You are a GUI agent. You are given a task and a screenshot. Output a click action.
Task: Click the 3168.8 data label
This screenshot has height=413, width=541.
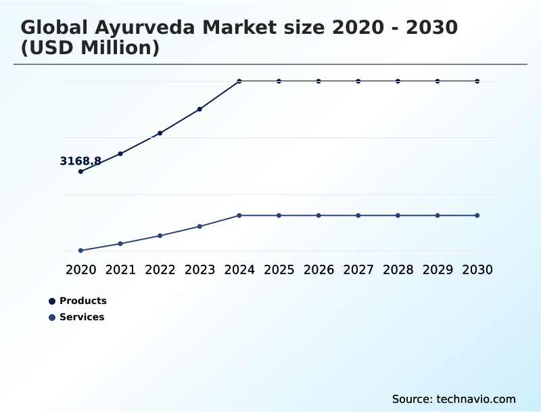(x=80, y=161)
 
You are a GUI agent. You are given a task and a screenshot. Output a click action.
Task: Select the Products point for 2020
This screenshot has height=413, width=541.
(x=80, y=171)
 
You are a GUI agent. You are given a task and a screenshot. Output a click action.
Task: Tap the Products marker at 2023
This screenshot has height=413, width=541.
(x=199, y=109)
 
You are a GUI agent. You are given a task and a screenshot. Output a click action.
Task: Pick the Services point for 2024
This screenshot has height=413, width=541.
(x=239, y=215)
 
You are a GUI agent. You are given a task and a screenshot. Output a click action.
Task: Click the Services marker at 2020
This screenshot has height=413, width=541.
(x=80, y=251)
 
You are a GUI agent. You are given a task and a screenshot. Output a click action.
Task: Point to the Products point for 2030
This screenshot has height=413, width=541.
(x=477, y=81)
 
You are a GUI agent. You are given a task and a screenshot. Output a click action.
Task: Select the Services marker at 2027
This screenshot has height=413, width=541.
(x=358, y=215)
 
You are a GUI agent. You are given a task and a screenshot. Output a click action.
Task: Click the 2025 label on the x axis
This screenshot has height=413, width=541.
(x=279, y=269)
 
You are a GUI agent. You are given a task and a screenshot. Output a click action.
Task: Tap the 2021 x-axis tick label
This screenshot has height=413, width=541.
(x=120, y=269)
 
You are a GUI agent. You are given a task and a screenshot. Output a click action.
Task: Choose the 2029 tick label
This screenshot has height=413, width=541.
(x=438, y=269)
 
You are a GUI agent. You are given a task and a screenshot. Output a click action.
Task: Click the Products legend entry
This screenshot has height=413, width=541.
(x=83, y=301)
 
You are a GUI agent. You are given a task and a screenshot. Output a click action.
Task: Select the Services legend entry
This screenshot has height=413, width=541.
(x=81, y=317)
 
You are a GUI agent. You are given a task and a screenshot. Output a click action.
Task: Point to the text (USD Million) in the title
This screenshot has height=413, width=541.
(x=90, y=48)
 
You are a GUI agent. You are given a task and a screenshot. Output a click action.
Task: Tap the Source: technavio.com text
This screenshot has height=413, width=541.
(x=454, y=399)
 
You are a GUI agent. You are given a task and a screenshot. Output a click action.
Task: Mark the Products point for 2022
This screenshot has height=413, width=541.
(x=160, y=133)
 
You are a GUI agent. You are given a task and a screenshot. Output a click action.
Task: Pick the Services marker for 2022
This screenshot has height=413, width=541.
(x=160, y=236)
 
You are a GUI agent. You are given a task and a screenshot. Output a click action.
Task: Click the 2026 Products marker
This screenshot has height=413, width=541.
(x=319, y=81)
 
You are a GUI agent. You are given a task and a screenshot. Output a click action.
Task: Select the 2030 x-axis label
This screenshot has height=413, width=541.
(x=477, y=269)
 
